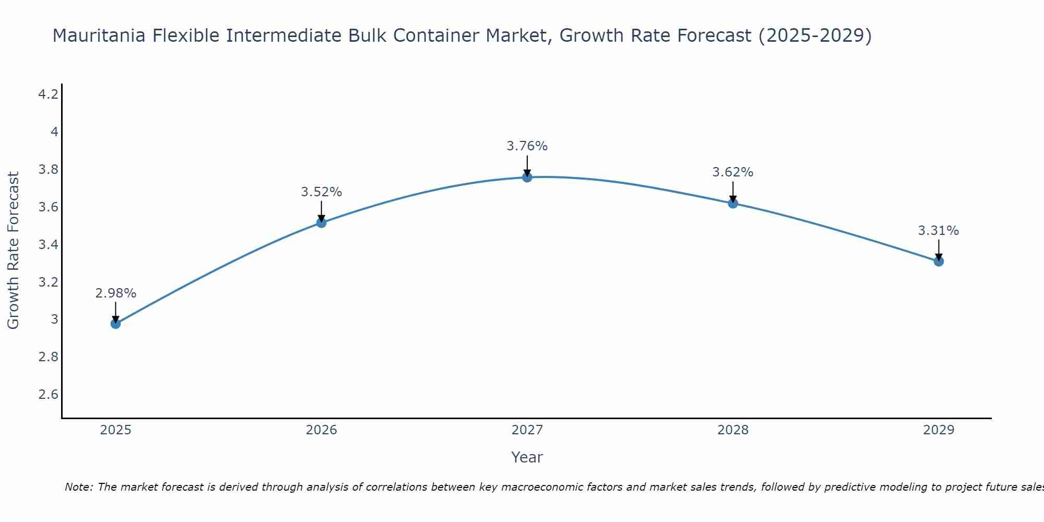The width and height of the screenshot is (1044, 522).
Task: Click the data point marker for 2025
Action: tap(116, 324)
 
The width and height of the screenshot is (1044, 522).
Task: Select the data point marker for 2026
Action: tap(322, 223)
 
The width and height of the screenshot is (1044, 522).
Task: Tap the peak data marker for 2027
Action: tap(527, 177)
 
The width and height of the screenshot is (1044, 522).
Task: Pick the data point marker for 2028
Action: tap(733, 204)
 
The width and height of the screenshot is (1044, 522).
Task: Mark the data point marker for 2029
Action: tap(939, 261)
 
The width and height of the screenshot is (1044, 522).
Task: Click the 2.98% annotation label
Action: tap(116, 293)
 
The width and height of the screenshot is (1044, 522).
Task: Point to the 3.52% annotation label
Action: tap(322, 192)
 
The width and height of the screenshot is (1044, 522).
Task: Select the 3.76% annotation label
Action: tap(527, 146)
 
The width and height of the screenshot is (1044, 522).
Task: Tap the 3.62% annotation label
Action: tap(733, 172)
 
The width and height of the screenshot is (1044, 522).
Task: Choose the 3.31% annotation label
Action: tap(939, 231)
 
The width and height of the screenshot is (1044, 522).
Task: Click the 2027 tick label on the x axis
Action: tap(527, 430)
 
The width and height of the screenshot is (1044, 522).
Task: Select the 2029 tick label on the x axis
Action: tap(939, 430)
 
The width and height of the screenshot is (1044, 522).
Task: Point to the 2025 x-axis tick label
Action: tap(116, 430)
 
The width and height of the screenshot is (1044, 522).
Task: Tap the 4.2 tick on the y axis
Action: tap(49, 94)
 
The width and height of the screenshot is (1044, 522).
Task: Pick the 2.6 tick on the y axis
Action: tap(49, 394)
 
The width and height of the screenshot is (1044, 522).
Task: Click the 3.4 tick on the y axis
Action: tap(49, 244)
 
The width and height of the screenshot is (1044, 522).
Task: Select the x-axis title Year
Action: tap(527, 457)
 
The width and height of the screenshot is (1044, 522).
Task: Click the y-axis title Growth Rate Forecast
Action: tap(14, 251)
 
